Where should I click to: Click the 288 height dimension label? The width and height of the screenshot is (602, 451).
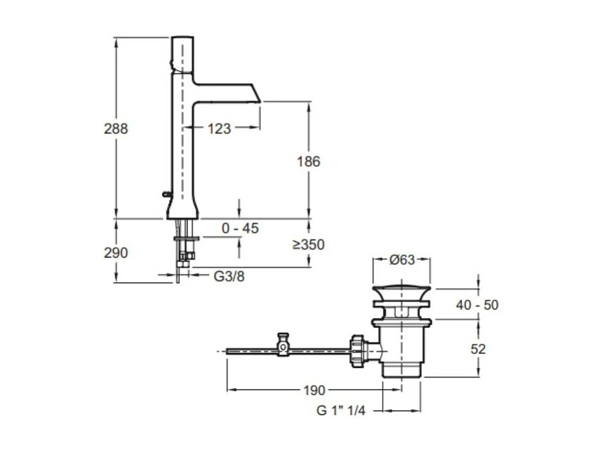(x=116, y=128)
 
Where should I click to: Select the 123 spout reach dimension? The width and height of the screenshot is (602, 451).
(x=219, y=128)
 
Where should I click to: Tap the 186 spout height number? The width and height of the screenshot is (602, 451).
(x=308, y=161)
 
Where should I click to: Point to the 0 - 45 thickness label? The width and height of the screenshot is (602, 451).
(x=240, y=228)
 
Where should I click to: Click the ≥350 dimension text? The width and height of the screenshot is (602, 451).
(x=308, y=244)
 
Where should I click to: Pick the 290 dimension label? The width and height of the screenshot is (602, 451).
(x=116, y=253)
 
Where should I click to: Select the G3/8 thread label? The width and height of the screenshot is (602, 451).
(x=229, y=276)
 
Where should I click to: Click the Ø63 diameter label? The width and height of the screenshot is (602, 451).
(x=402, y=260)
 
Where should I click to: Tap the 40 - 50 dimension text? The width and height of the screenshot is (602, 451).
(x=477, y=305)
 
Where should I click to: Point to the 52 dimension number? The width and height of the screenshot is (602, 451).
(x=478, y=349)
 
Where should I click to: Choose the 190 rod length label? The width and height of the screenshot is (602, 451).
(x=314, y=390)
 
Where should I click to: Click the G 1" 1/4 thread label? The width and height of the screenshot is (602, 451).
(x=341, y=411)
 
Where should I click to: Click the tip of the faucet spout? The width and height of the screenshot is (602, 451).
(x=261, y=102)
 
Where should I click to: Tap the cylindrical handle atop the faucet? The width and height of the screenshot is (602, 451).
(x=182, y=54)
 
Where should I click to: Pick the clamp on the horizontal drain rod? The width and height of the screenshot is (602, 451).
(x=283, y=345)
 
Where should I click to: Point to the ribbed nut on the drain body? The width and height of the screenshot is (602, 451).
(x=356, y=351)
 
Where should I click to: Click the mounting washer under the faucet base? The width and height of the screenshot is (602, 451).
(x=186, y=239)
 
